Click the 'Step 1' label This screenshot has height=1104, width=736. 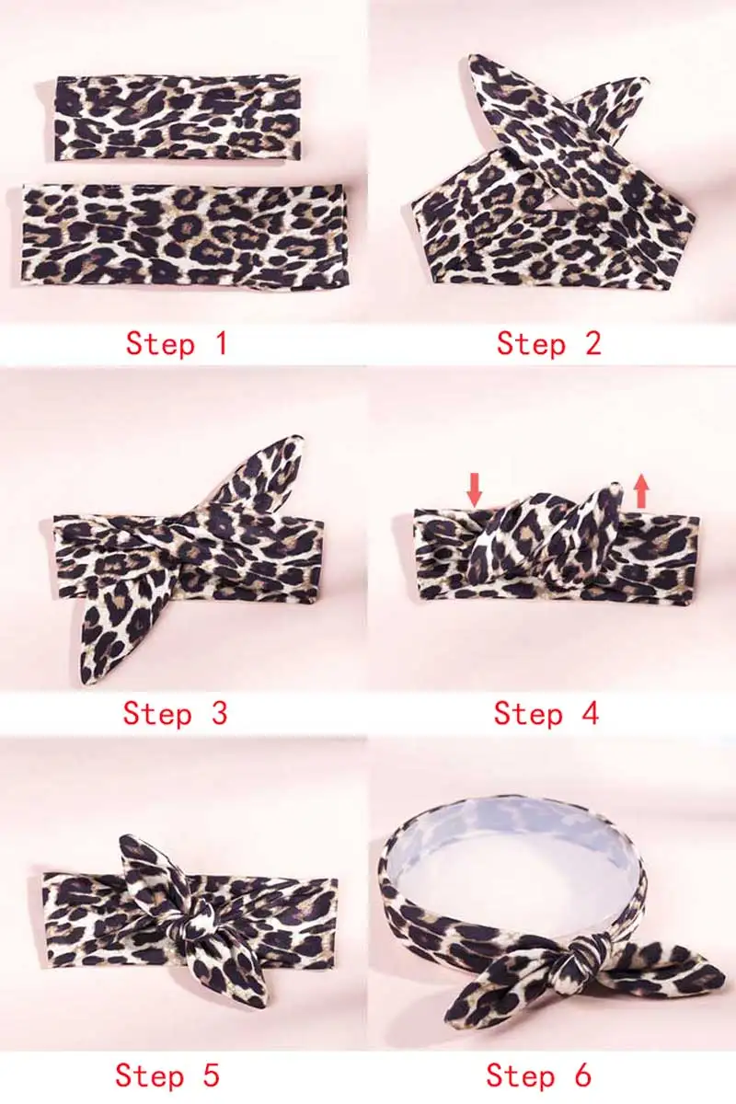pos(176,343)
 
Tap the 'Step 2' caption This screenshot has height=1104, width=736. pos(548,343)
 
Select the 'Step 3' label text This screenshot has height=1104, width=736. pos(175,713)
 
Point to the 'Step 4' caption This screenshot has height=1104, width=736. pos(546,713)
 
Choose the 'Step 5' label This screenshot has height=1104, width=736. pos(167,1075)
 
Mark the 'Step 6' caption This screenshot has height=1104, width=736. pos(538,1075)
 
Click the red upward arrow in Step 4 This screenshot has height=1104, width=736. pos(641,489)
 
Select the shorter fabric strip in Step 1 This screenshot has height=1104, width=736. pos(178,117)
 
